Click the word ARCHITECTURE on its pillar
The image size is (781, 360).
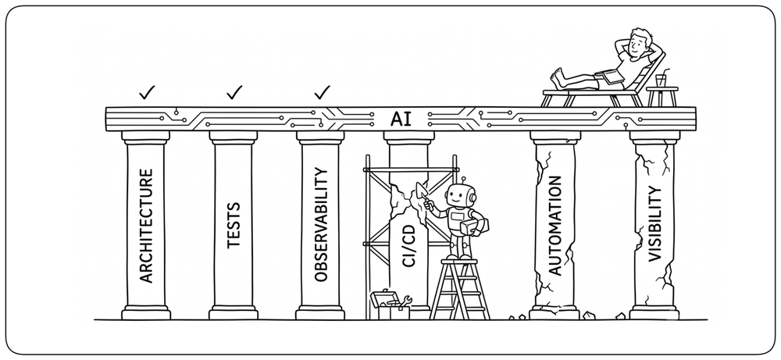(x=145, y=226)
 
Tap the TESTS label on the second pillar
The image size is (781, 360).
(x=233, y=225)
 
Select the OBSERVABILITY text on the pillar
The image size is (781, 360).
(x=321, y=225)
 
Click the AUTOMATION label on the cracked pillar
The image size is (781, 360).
(x=555, y=225)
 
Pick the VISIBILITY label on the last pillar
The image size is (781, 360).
(x=654, y=223)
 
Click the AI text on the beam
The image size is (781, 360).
(x=401, y=119)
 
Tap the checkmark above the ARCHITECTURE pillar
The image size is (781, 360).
(x=147, y=92)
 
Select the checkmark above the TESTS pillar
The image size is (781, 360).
(x=234, y=92)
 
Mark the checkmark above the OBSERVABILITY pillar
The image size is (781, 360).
(x=323, y=92)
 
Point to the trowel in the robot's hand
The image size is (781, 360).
(x=422, y=191)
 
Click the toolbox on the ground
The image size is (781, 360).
(x=390, y=305)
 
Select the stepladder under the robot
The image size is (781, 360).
(x=459, y=289)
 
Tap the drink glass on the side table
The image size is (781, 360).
(x=661, y=80)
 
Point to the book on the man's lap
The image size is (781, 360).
(x=610, y=77)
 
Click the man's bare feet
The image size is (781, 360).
(x=558, y=79)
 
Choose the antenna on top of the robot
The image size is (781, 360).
(x=462, y=180)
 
